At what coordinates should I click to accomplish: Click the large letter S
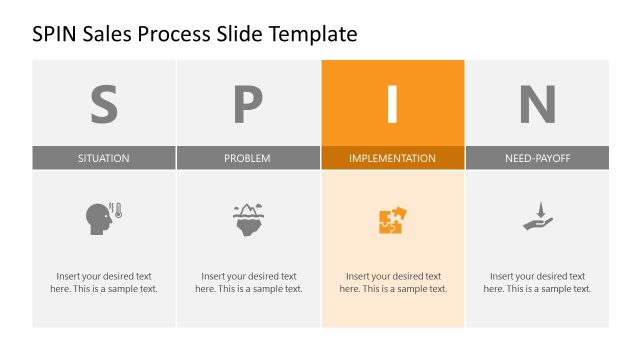tap(104, 103)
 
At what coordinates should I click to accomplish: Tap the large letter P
tap(248, 103)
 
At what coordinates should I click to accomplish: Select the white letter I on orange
tap(392, 103)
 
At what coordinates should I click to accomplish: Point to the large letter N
tap(537, 103)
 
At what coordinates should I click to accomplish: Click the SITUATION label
tap(104, 158)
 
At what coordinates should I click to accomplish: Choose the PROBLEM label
tap(248, 158)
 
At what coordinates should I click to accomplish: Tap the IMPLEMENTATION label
tap(392, 158)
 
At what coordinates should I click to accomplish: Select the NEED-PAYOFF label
tap(537, 158)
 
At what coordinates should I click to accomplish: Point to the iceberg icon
tap(248, 218)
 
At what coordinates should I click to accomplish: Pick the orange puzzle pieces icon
tap(392, 220)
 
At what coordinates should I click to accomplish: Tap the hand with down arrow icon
tap(537, 217)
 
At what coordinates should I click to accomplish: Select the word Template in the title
tap(312, 35)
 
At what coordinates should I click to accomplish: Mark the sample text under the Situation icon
tap(104, 282)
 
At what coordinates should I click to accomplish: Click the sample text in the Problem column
tap(248, 282)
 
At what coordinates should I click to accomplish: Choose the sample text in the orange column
tap(393, 282)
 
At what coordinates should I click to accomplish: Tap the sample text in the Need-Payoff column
tap(537, 282)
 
